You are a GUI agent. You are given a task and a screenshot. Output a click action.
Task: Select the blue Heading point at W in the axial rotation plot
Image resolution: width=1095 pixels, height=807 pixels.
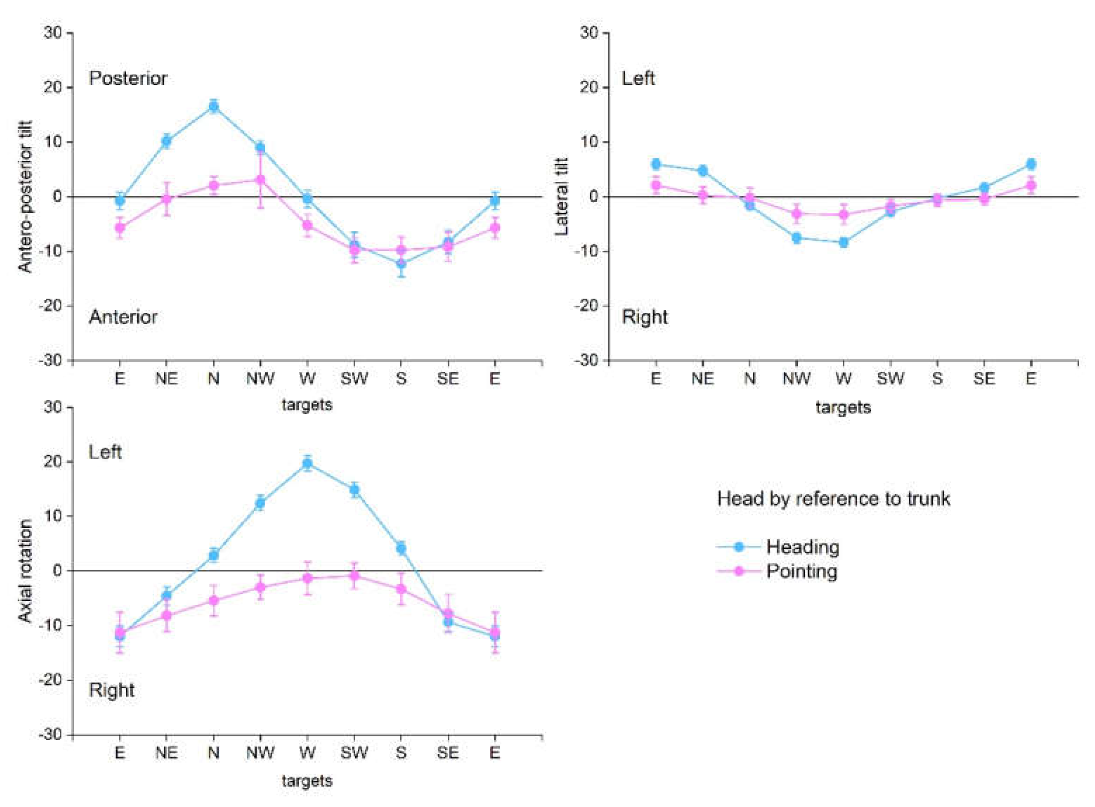[x=307, y=464]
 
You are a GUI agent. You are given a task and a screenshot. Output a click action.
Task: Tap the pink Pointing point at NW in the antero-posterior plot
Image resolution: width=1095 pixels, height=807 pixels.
[x=260, y=180]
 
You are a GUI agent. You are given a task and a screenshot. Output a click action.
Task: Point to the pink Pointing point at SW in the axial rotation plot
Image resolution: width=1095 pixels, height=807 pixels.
[x=354, y=576]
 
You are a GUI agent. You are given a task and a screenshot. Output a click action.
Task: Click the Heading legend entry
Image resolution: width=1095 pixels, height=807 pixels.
[x=802, y=547]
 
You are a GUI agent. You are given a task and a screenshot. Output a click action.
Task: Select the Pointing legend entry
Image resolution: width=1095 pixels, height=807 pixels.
[x=801, y=571]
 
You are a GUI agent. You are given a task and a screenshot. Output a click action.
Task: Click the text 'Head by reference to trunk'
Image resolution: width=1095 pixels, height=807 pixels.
[x=834, y=499]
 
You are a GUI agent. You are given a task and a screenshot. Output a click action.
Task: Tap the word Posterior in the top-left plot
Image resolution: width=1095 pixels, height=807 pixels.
[x=128, y=78]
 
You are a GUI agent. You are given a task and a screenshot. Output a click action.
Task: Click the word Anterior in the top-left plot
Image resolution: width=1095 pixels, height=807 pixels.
[x=123, y=317]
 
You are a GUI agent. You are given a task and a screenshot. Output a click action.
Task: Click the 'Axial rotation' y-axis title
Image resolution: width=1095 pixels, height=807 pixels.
[x=25, y=571]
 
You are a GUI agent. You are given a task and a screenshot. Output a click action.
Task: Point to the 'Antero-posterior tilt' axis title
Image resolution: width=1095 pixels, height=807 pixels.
[x=25, y=196]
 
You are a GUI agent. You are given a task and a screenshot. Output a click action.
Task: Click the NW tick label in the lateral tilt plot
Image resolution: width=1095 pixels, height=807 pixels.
[x=796, y=378]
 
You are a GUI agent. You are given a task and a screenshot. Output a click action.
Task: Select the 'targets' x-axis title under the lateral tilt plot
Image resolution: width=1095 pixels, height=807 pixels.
[x=843, y=407]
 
